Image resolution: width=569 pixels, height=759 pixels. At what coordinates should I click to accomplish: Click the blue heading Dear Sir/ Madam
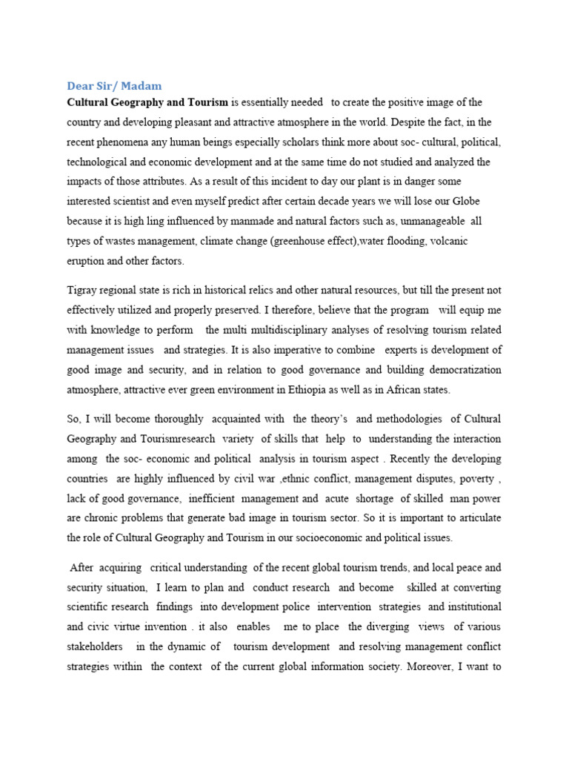(x=114, y=87)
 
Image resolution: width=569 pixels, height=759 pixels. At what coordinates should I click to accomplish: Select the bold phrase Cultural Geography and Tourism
(x=147, y=102)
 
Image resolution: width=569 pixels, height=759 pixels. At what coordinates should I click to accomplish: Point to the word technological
(x=99, y=162)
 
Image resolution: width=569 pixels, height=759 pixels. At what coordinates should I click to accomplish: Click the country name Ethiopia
(x=349, y=389)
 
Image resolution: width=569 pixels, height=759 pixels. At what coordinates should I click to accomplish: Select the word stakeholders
(x=96, y=646)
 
